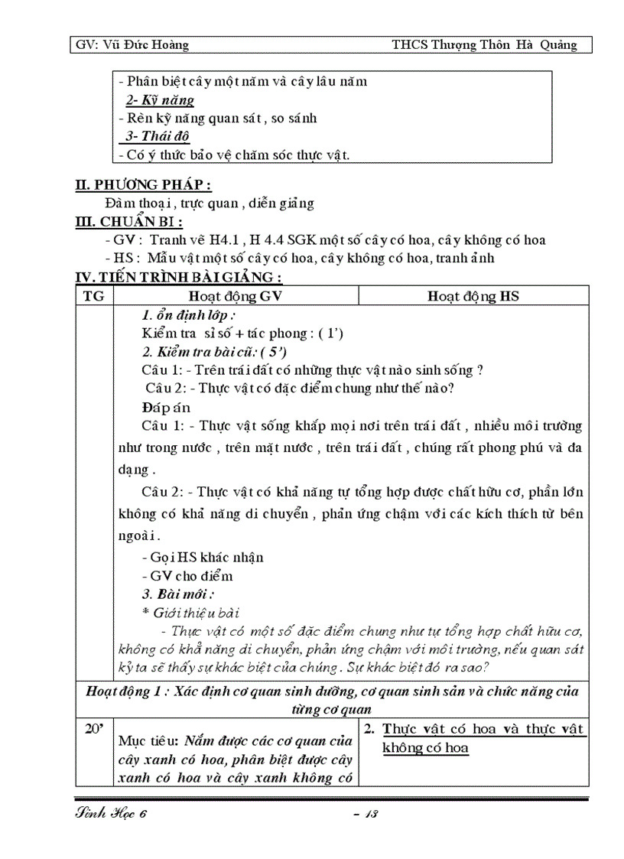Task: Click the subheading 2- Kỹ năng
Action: (159, 100)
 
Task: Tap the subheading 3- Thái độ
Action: (158, 137)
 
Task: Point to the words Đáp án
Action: (165, 408)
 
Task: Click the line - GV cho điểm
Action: (187, 576)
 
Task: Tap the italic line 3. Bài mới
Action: (177, 594)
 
